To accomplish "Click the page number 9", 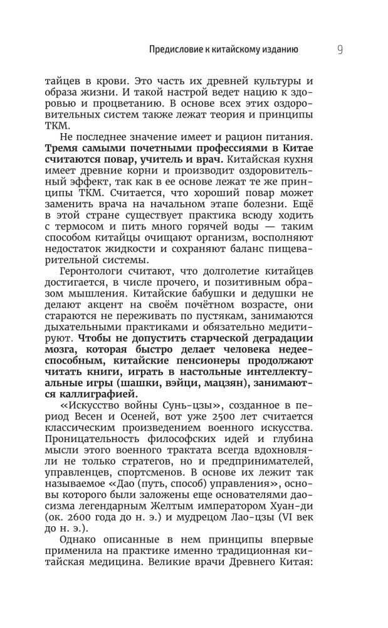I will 339,50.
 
